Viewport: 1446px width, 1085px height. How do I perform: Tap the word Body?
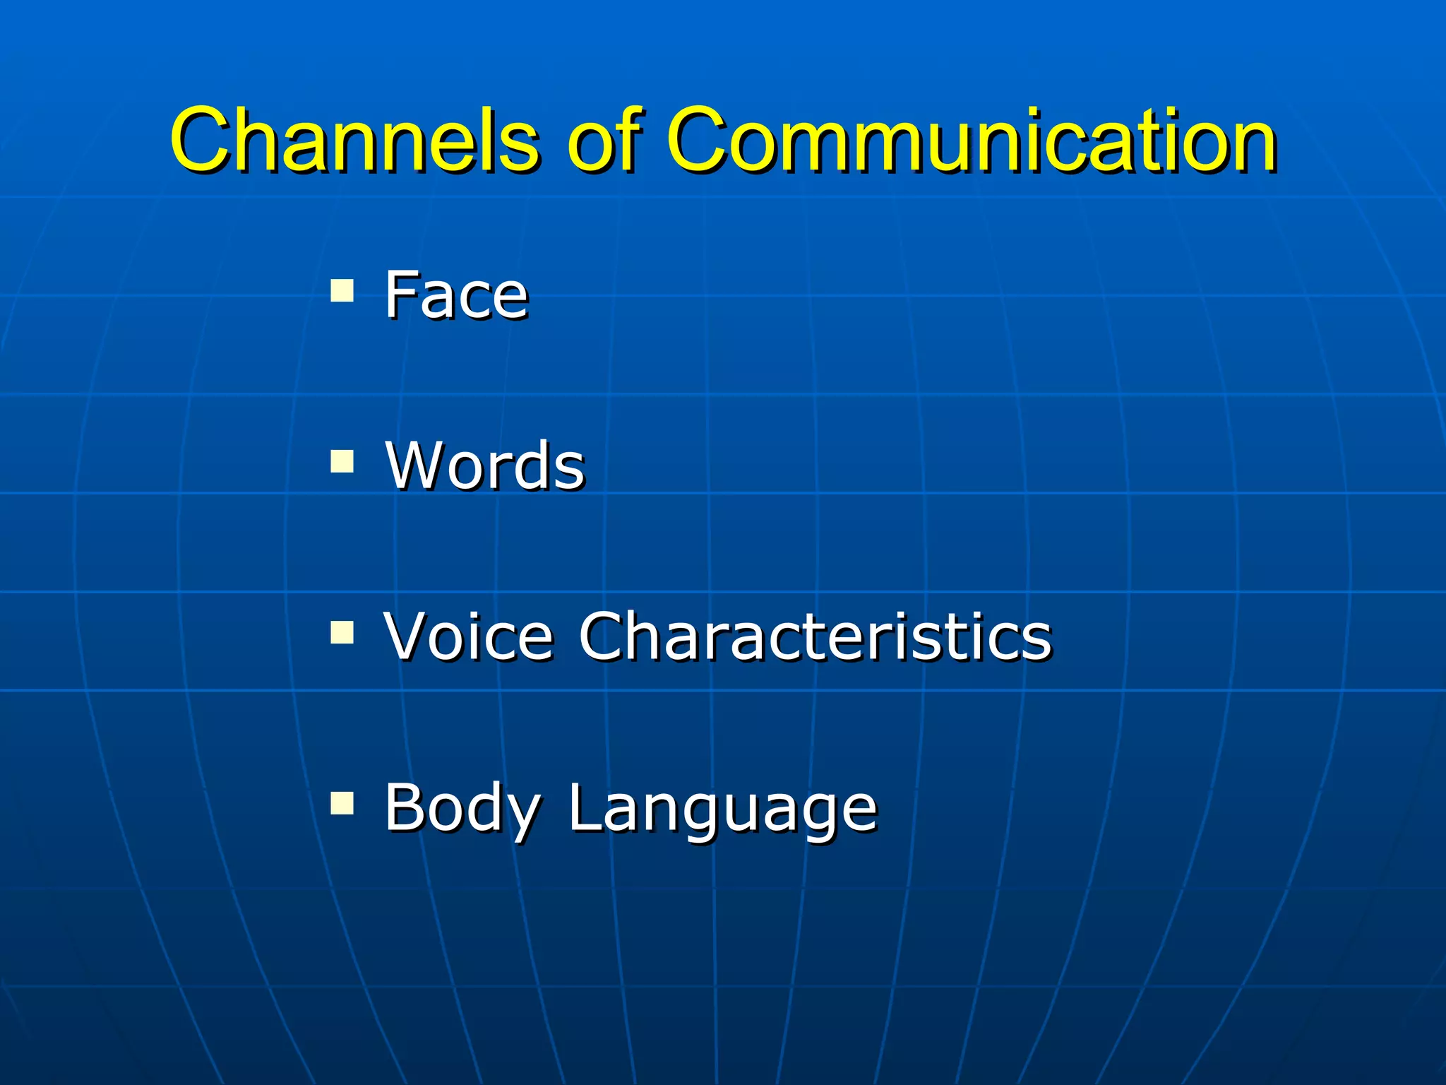tap(463, 809)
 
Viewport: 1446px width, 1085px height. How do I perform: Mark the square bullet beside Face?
tap(342, 290)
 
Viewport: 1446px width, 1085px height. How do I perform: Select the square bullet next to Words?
tap(342, 462)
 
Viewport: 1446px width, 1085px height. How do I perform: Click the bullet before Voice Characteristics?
tap(342, 633)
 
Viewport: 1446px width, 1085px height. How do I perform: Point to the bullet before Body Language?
tap(342, 803)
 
